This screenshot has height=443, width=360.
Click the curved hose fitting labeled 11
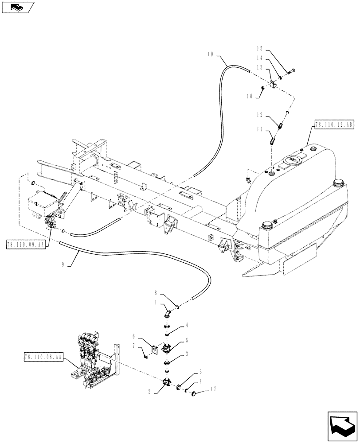pyautogui.click(x=271, y=141)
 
